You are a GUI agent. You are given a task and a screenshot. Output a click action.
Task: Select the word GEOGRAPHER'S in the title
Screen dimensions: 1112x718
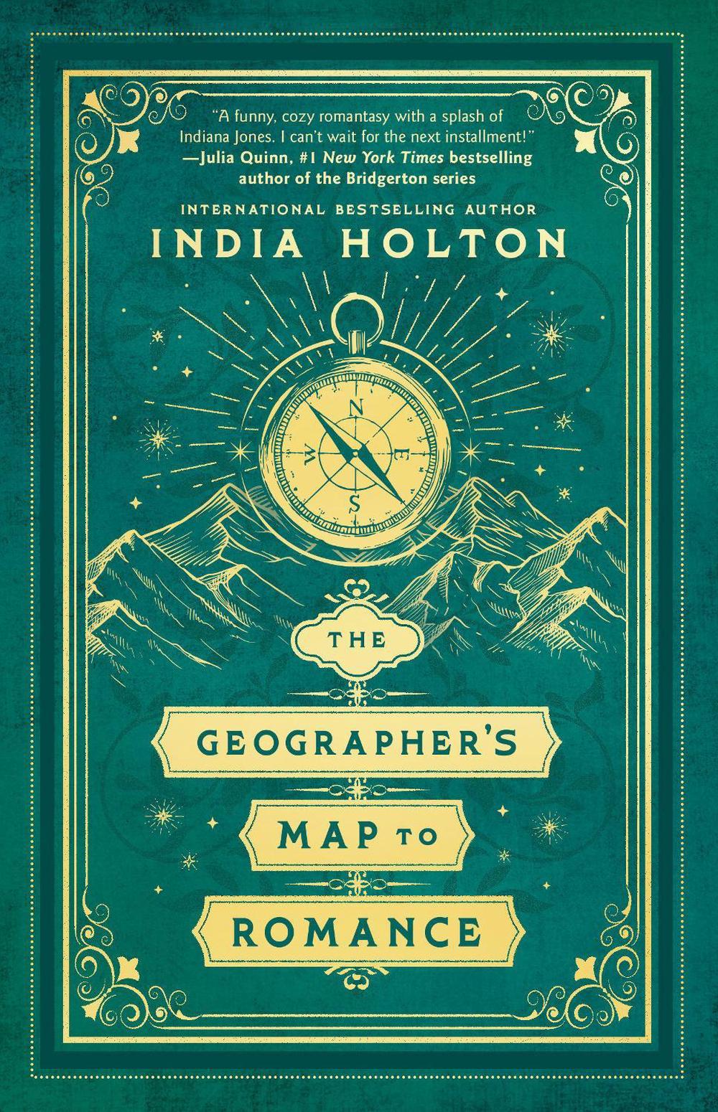point(357,745)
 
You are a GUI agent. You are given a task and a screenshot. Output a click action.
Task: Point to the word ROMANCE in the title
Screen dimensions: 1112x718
point(357,932)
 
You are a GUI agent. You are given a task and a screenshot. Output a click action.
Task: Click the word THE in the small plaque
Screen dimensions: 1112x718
point(358,640)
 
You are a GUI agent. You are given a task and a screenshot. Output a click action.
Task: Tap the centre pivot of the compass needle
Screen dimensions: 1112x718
point(355,453)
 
